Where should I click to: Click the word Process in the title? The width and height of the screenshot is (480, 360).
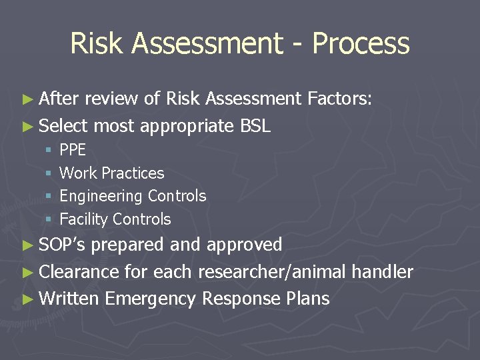click(x=361, y=44)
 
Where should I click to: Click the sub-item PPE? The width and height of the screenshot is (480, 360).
click(x=73, y=150)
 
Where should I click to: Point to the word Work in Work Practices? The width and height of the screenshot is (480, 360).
click(x=77, y=173)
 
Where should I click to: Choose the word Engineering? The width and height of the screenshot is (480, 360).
click(x=101, y=197)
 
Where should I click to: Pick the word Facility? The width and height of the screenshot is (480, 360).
click(x=85, y=219)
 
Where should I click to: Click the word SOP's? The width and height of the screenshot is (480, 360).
click(x=63, y=245)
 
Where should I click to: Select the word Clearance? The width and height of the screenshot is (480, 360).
click(x=80, y=272)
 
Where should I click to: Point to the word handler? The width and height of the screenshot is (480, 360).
click(x=382, y=272)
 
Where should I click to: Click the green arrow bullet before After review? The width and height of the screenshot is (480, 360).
click(x=27, y=100)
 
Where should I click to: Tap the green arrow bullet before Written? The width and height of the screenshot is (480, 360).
click(x=27, y=299)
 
